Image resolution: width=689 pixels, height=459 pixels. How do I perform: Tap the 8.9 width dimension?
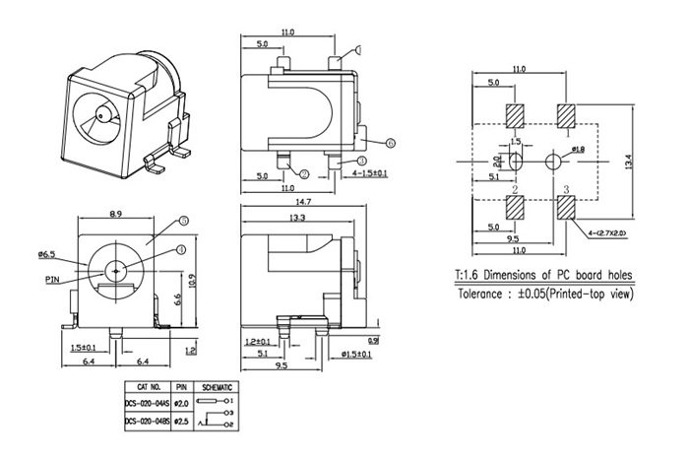coord(115,214)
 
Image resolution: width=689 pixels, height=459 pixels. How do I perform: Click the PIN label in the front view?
coord(53,279)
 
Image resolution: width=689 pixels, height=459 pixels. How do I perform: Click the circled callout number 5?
coord(183,222)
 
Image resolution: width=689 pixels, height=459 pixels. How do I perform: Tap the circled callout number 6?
coord(390,143)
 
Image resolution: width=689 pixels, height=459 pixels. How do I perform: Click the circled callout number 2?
coord(305,174)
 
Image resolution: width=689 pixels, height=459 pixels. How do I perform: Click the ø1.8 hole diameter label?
coord(578,149)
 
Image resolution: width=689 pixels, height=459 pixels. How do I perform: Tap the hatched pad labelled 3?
coord(566,208)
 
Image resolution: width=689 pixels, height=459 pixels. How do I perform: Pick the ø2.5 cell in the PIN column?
coord(180,421)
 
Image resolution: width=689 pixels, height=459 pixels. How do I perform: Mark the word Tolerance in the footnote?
coord(483,295)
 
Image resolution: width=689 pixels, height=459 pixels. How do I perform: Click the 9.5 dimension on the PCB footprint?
coord(513,238)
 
